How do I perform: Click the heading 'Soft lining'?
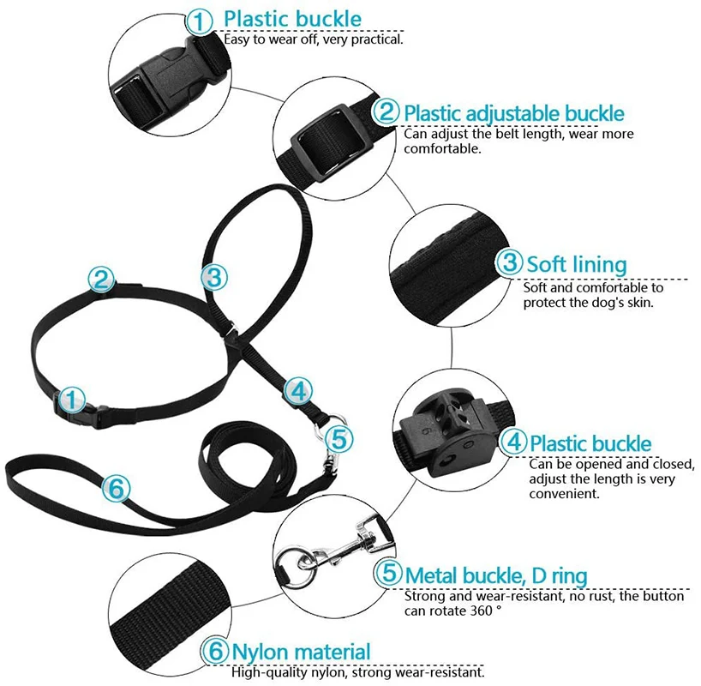click(x=576, y=263)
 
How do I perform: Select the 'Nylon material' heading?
click(x=301, y=652)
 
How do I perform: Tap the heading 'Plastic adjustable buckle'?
click(x=513, y=112)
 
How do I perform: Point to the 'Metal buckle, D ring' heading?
click(x=496, y=574)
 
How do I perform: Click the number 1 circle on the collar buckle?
click(x=73, y=399)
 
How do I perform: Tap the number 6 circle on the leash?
click(x=117, y=489)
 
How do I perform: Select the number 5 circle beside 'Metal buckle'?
click(x=389, y=573)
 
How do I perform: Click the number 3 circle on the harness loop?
click(x=214, y=277)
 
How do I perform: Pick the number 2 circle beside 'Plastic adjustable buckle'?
click(x=387, y=111)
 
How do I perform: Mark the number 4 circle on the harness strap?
click(x=297, y=390)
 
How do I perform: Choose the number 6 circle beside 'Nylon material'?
click(x=215, y=652)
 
